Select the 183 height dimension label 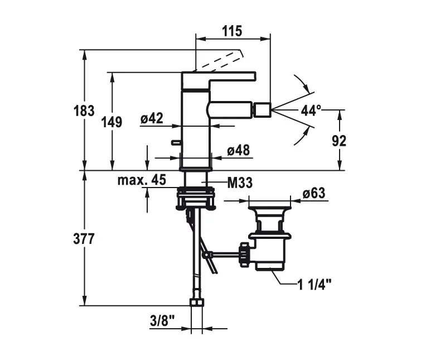[84, 111]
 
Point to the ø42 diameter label [152, 118]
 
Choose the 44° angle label [311, 110]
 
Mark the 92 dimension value [339, 140]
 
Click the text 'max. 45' [142, 180]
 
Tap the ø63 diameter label [313, 193]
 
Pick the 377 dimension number [84, 239]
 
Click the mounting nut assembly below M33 [196, 199]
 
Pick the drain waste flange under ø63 [270, 212]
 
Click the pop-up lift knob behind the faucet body [176, 143]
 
